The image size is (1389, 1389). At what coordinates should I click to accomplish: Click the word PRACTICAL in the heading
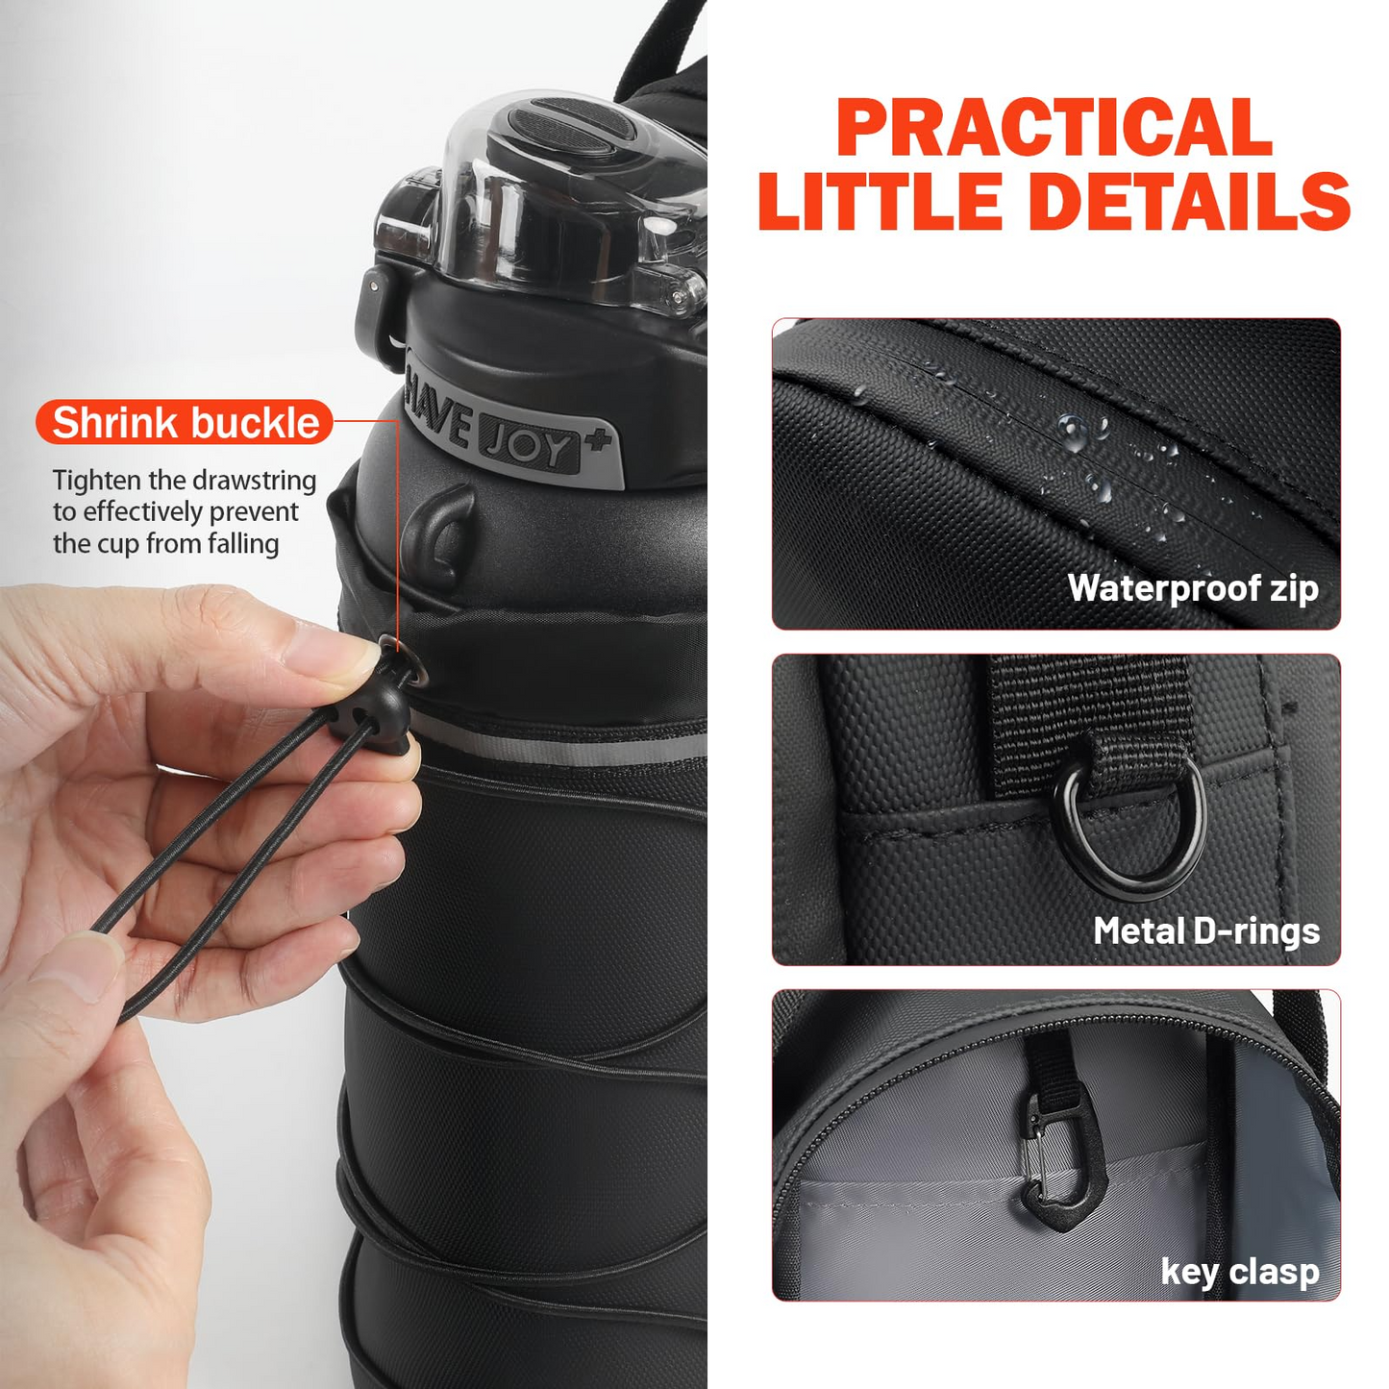1054,128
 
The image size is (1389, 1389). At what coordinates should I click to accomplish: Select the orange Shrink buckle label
185,423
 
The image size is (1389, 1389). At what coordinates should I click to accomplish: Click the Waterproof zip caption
1192,587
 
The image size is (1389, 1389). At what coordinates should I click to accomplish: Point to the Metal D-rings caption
1205,930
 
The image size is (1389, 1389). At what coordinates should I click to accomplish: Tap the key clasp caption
1239,1271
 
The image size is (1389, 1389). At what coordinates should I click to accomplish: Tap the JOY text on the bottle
530,444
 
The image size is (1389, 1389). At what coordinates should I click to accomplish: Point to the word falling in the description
243,544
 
